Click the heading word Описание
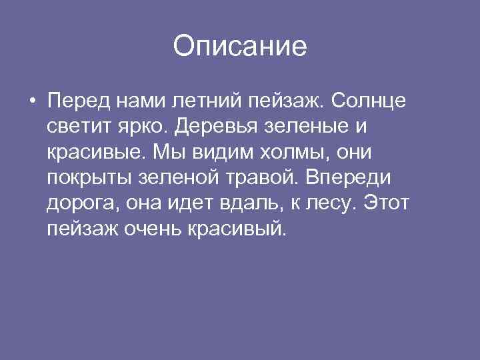[240, 47]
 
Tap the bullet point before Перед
[32, 102]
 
